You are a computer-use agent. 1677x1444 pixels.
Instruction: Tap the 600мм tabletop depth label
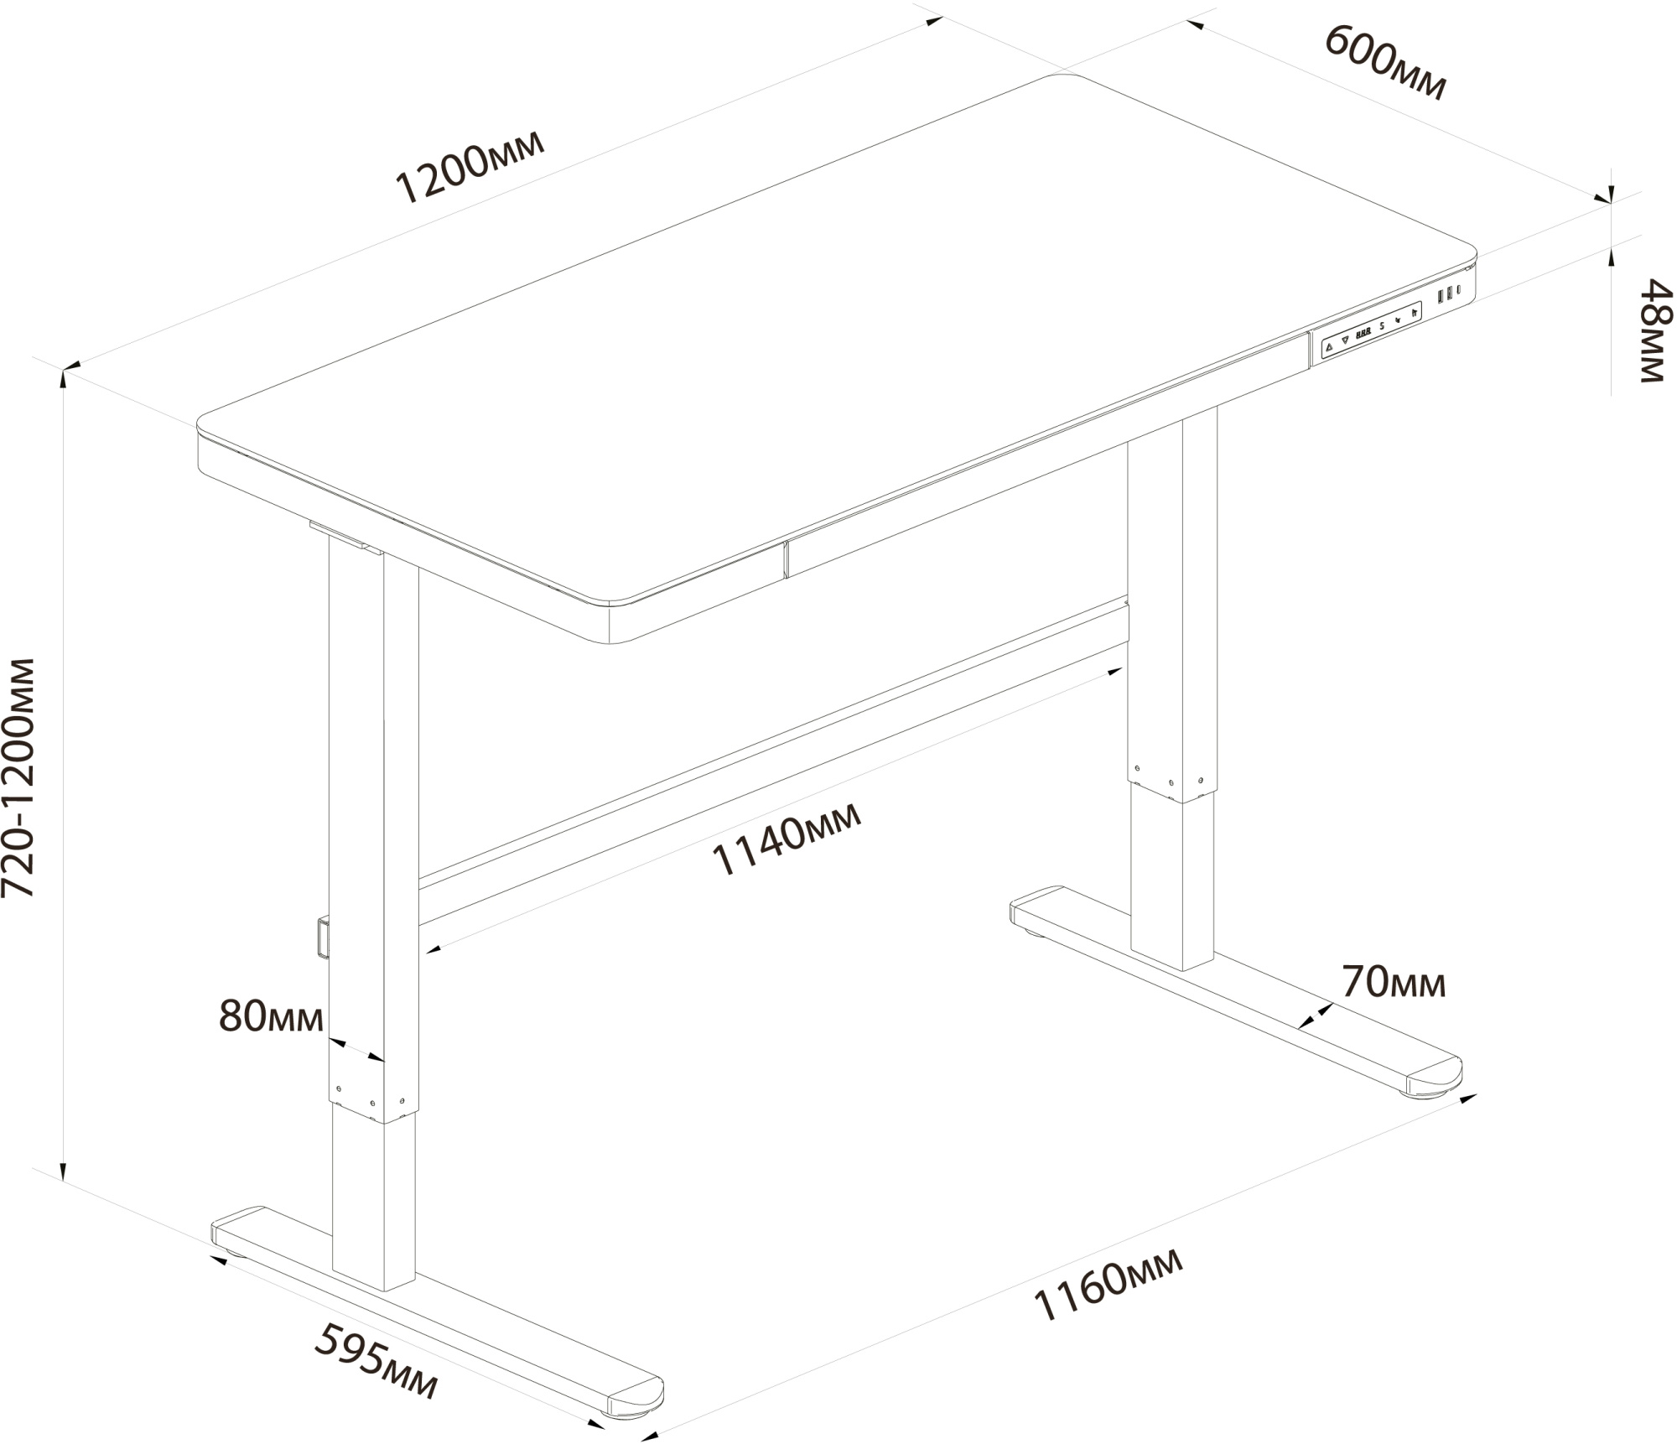click(x=1384, y=62)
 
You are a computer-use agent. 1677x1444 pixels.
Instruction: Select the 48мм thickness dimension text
click(x=1655, y=331)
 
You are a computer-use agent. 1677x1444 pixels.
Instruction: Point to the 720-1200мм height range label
click(x=18, y=777)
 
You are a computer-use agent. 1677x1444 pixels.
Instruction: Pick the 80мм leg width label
click(x=271, y=1016)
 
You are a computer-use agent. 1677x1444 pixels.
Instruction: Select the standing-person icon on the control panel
click(x=1414, y=313)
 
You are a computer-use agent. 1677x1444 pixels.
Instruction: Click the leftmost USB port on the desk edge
click(x=1441, y=297)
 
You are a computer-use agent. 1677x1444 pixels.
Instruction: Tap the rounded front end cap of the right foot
click(x=1436, y=1078)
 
